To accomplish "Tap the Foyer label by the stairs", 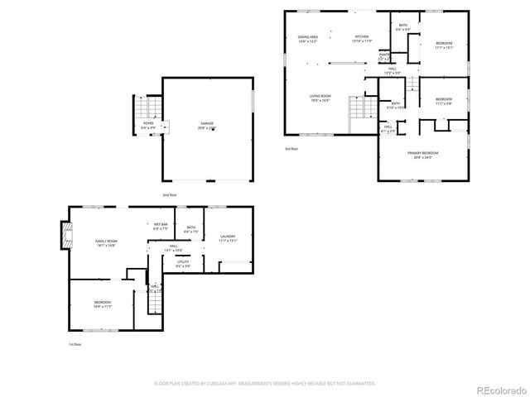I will click(147, 126).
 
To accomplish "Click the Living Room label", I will click(320, 98).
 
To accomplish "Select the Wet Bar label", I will click(161, 226).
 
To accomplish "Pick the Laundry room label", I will click(228, 239).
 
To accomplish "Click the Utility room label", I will click(183, 264).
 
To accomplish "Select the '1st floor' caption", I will click(75, 344).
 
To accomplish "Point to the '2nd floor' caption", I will click(170, 194).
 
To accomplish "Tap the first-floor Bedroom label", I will click(103, 304).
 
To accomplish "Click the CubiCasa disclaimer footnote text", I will click(265, 384).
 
